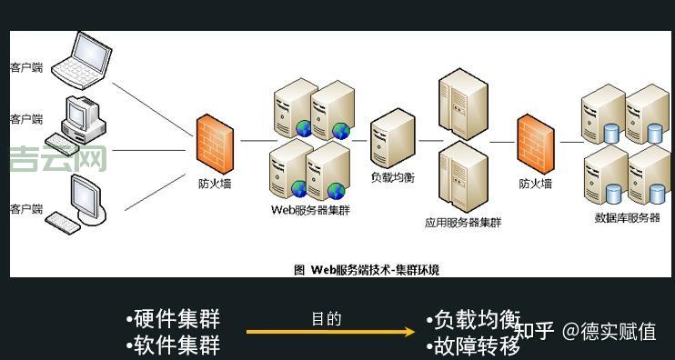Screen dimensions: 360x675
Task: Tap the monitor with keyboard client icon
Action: coord(80,202)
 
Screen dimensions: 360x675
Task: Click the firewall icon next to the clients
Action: coord(215,142)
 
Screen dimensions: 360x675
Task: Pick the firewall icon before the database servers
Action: coord(535,142)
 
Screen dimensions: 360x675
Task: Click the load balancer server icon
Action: coord(392,137)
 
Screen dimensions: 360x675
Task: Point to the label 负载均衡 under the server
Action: coord(392,177)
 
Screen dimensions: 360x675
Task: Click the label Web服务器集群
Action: coord(310,210)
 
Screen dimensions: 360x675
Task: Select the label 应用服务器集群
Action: coord(462,222)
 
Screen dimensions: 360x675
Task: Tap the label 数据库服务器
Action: coord(627,217)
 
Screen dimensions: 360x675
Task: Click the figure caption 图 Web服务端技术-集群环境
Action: coord(367,269)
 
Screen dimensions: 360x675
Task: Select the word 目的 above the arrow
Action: coord(326,318)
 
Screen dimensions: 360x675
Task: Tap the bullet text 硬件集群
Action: coord(176,319)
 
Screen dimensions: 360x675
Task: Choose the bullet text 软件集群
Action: coord(176,345)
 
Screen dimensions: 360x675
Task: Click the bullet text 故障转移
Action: coord(477,346)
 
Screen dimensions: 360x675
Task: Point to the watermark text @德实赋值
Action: coord(609,331)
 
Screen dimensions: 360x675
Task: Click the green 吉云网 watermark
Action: coord(58,159)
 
